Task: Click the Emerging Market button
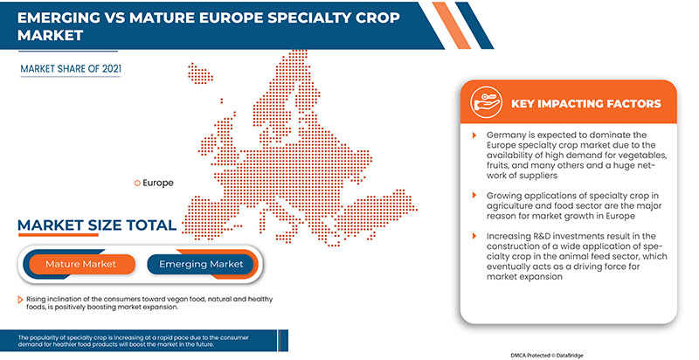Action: [x=201, y=263]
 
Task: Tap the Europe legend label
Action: [x=158, y=183]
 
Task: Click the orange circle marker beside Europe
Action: [x=136, y=183]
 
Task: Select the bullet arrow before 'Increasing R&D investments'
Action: [x=474, y=237]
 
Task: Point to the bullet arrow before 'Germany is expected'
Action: [x=474, y=135]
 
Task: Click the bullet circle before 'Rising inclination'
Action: [x=19, y=300]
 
